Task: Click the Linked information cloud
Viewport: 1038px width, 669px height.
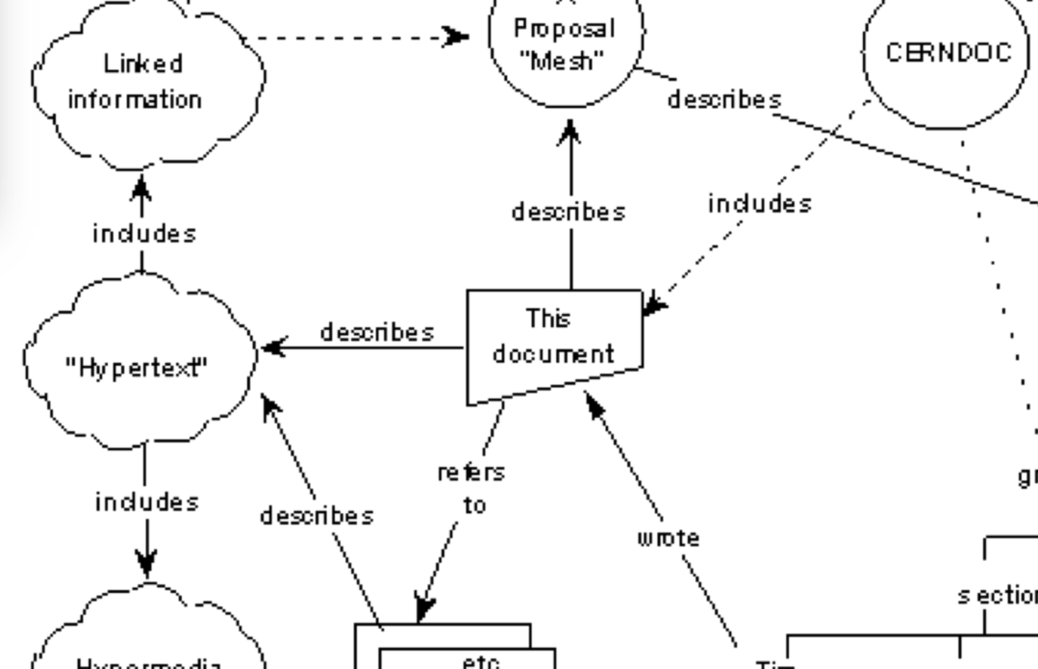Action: (144, 82)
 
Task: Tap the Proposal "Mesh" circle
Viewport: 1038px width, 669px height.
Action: (566, 46)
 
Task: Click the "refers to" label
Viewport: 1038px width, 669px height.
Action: (471, 488)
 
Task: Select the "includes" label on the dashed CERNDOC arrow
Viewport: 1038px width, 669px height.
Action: (759, 204)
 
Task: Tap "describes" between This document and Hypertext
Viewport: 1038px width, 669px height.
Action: (376, 332)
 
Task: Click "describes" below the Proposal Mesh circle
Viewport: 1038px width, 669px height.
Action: (569, 212)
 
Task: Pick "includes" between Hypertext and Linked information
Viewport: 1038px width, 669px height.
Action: (143, 234)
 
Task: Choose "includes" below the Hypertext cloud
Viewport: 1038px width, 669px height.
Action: (147, 502)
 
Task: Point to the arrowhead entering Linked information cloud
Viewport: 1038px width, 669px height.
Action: (141, 183)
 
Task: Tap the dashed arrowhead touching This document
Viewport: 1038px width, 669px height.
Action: (653, 305)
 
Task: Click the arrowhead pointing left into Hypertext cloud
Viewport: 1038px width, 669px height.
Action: (272, 347)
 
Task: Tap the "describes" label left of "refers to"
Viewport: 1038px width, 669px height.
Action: (316, 516)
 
